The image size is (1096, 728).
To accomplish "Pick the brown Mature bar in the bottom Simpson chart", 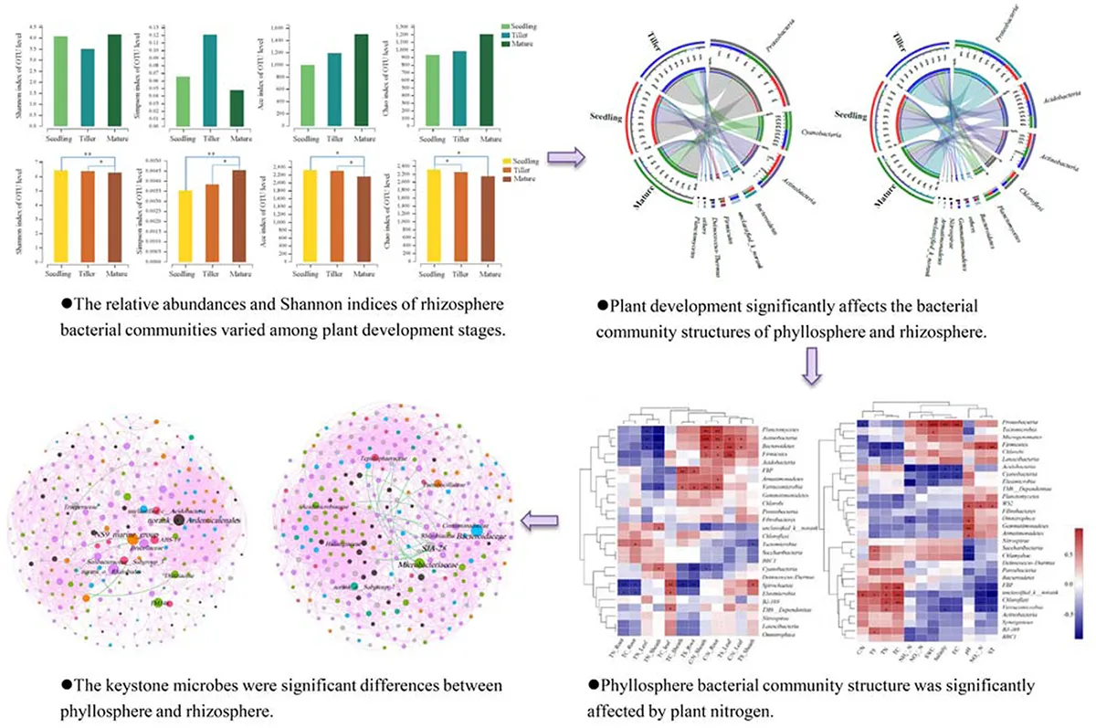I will [x=239, y=216].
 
